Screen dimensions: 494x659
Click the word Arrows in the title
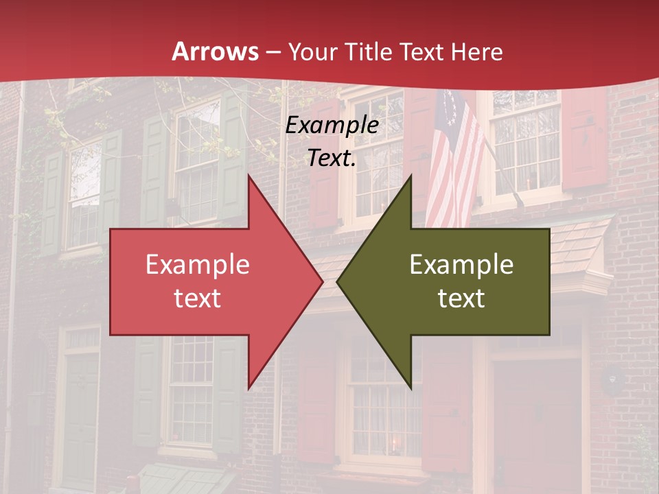point(216,51)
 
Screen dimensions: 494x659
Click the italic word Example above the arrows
point(332,126)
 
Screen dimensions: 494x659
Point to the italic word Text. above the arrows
point(332,158)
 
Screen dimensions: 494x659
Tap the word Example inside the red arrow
point(198,265)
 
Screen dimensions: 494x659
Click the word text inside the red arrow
point(198,298)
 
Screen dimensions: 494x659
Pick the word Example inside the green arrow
point(461,265)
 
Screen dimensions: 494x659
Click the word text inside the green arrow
point(461,298)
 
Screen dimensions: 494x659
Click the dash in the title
point(273,53)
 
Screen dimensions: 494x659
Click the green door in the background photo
point(81,419)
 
